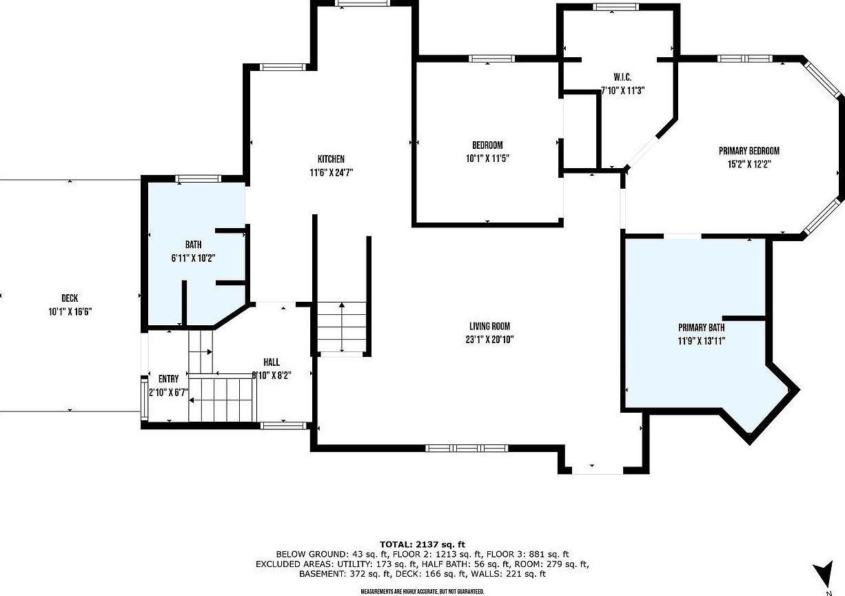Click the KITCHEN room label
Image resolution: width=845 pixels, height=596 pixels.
[x=327, y=159]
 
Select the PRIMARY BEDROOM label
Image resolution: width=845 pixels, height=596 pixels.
[x=749, y=151]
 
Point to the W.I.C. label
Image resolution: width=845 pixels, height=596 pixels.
[x=622, y=77]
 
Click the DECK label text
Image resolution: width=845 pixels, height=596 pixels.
[x=69, y=298]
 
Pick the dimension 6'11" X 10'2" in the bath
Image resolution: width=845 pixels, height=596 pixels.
[x=193, y=258]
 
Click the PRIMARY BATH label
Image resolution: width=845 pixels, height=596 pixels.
[x=701, y=327]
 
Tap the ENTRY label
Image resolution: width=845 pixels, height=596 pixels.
[x=168, y=379]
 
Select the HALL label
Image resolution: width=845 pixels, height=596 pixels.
[x=271, y=362]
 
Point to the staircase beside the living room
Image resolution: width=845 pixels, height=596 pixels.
[x=342, y=328]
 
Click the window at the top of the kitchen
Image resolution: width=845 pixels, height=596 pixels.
[x=363, y=3]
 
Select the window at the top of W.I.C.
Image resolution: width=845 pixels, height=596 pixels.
[x=616, y=7]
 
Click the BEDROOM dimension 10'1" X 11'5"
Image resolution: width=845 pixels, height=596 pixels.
[x=487, y=158]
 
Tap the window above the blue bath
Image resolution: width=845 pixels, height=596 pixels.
[x=197, y=179]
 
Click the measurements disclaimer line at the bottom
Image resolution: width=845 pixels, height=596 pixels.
[x=422, y=591]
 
